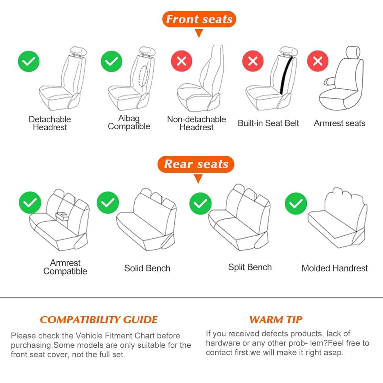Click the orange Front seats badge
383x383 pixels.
pos(199,19)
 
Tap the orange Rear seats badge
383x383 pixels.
pos(196,164)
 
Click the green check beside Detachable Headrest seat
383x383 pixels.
pos(29,61)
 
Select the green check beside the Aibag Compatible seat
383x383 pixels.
pos(111,61)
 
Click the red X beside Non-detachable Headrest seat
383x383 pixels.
pos(182,61)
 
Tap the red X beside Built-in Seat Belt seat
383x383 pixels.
pos(253,61)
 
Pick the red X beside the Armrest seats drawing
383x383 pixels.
pos(318,61)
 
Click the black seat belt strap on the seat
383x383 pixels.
pos(286,76)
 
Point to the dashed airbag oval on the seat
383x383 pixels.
pos(144,76)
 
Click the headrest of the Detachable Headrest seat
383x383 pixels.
pos(78,51)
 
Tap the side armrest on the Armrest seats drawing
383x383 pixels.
pos(329,81)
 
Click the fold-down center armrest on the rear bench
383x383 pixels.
pos(63,216)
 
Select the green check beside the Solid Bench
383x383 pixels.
pos(108,202)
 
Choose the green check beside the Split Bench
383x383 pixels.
pos(200,204)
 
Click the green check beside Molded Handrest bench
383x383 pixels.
pos(296,204)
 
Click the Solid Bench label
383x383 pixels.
pos(147,268)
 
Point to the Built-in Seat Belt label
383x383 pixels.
pos(268,123)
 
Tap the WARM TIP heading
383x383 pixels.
pos(276,319)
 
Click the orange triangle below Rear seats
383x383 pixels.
pos(198,178)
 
